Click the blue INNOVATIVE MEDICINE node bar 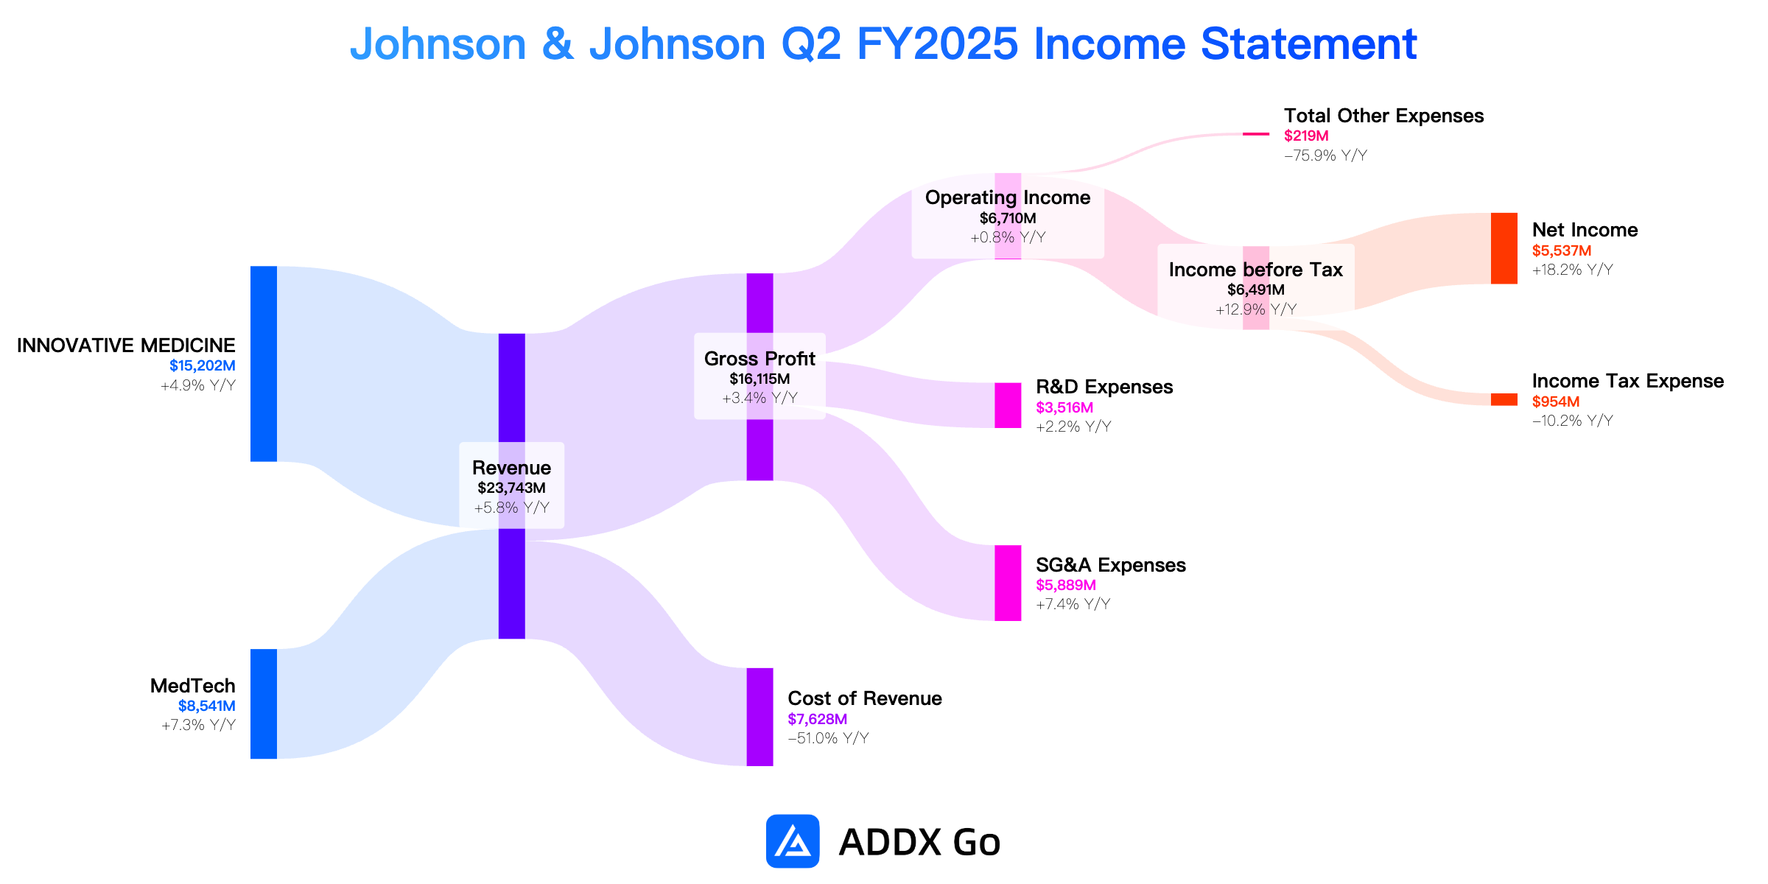[x=264, y=364]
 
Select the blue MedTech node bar [x=264, y=704]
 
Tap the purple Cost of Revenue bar [x=760, y=717]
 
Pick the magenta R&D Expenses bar [x=1008, y=405]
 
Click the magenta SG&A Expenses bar [x=1008, y=583]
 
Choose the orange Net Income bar [x=1504, y=248]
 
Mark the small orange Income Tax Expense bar [x=1504, y=399]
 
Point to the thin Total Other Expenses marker [x=1256, y=134]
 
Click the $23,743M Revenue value [x=511, y=488]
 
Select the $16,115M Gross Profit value [x=760, y=379]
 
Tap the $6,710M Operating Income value [x=1008, y=218]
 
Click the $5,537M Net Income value [x=1562, y=250]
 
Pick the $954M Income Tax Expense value [x=1556, y=401]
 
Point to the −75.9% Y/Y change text [x=1325, y=155]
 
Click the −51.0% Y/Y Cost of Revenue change [x=828, y=738]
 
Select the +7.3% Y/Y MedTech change [x=198, y=725]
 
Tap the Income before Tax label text [x=1256, y=270]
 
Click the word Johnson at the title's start [x=438, y=44]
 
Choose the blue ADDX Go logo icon [x=793, y=841]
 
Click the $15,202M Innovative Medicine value [x=203, y=365]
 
